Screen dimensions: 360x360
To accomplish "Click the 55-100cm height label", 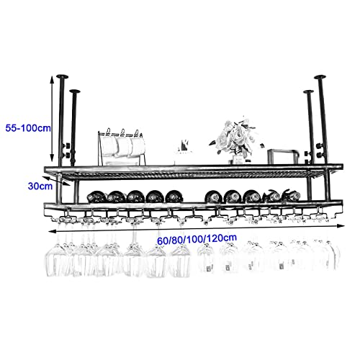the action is click(28, 128).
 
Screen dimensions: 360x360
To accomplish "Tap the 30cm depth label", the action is click(40, 186).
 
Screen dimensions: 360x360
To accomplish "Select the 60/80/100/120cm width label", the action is click(197, 239).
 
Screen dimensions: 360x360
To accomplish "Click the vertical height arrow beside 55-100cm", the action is click(51, 119).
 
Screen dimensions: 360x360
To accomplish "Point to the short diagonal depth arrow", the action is click(57, 181).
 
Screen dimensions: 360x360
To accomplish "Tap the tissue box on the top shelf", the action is click(184, 153).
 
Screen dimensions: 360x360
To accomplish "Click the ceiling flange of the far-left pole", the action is click(62, 76).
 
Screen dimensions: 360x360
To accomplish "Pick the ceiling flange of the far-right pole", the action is click(320, 77).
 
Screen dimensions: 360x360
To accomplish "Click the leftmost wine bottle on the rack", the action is click(96, 197).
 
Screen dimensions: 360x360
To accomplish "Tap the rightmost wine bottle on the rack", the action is click(291, 195).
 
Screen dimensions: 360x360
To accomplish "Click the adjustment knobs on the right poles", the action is click(314, 150).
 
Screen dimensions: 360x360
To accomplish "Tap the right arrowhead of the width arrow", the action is click(341, 226).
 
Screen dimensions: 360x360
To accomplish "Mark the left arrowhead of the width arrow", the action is click(52, 231).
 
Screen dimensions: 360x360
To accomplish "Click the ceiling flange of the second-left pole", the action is click(75, 91).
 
